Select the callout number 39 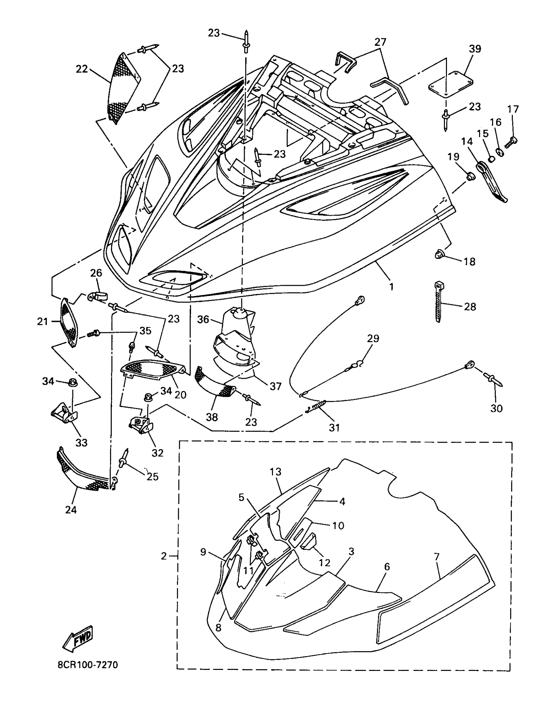[x=475, y=49]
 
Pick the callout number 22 [x=82, y=69]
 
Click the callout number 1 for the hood [x=391, y=286]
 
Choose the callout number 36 [x=203, y=319]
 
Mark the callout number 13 [x=276, y=472]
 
